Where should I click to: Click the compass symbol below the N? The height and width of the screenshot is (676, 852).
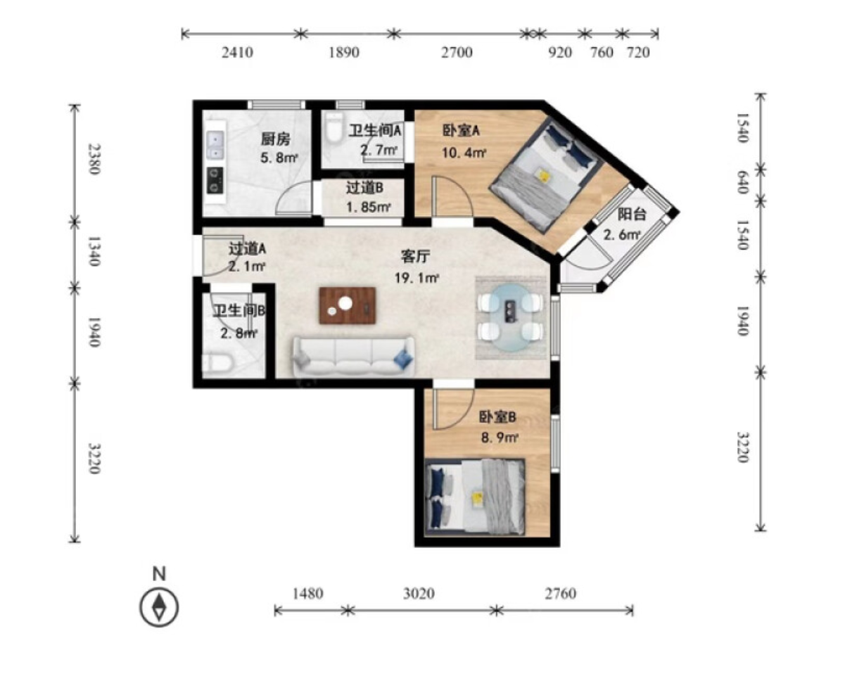pos(159,608)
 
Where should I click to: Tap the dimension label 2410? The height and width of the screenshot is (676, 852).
pos(237,53)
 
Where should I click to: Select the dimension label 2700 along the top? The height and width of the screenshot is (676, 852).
pos(457,53)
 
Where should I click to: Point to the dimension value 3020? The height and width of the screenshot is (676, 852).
pos(419,594)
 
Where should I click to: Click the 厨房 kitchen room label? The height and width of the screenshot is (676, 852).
pos(276,139)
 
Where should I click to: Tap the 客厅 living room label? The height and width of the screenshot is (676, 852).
pos(415,257)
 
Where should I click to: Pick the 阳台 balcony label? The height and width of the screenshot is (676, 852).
pos(632,214)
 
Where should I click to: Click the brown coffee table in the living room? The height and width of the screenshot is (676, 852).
pos(348,305)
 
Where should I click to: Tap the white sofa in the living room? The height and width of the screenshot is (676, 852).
pos(353,357)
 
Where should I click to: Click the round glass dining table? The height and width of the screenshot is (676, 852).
pos(511,317)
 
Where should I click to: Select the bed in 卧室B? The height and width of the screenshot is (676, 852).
pos(475,497)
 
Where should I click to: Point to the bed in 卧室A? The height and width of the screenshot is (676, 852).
pos(547,174)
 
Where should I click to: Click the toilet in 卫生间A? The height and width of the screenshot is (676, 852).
pos(334,127)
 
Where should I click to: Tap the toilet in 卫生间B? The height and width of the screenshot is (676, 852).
pos(217,364)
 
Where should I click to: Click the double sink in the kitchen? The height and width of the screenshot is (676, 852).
pos(216,146)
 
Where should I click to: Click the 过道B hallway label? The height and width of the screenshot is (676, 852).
pos(364,188)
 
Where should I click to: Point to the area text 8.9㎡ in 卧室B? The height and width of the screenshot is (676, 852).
pos(500,438)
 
